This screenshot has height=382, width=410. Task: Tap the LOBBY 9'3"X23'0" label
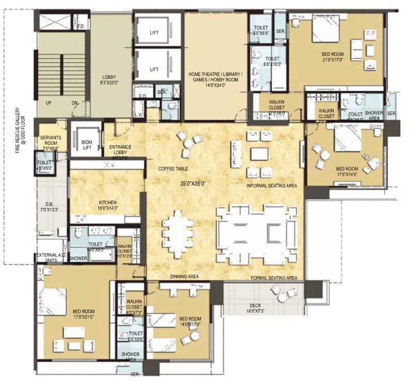point(109,80)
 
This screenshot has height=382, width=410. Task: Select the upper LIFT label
point(154,33)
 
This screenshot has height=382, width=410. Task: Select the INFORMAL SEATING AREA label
point(272,186)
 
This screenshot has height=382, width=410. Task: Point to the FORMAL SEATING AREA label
point(274,278)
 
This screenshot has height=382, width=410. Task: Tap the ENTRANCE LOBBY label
point(120,150)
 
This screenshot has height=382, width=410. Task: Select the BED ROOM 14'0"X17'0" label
point(190,321)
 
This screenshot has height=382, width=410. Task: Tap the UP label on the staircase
point(48,103)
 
